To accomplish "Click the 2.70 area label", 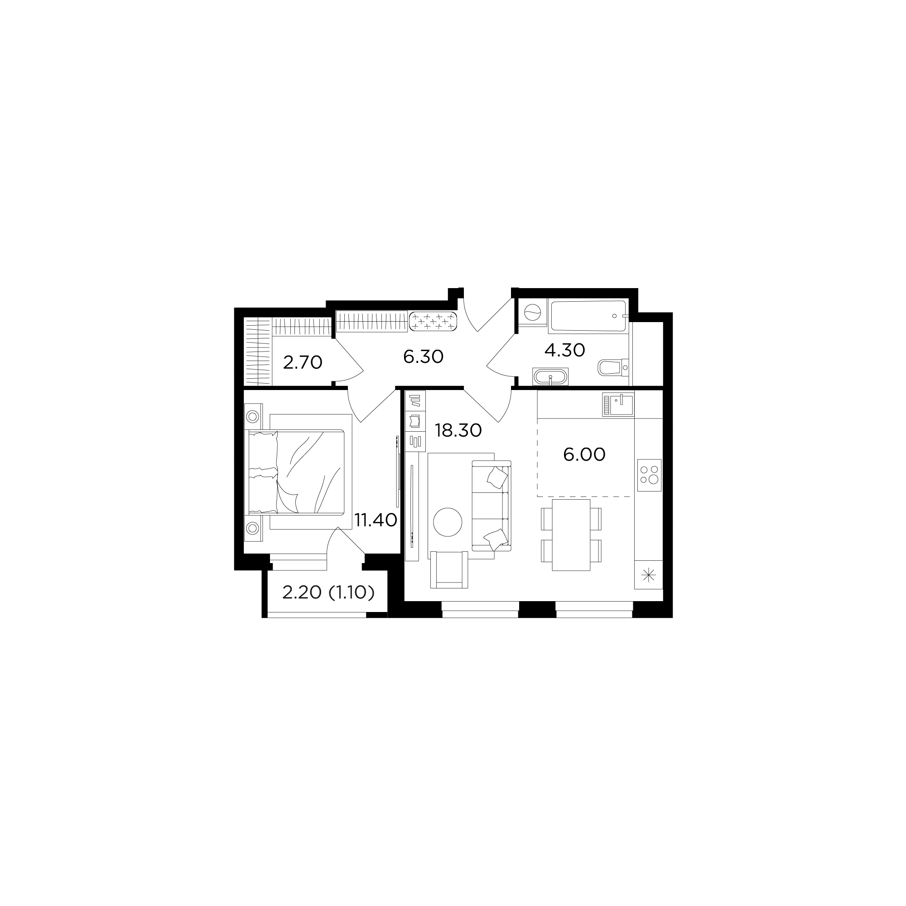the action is [x=303, y=362].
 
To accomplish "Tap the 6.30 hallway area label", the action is [x=423, y=357].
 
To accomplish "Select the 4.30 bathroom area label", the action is [x=564, y=350].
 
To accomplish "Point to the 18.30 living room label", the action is [x=458, y=430].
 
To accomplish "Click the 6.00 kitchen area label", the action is [x=584, y=454].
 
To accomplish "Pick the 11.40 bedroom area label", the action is [x=376, y=520].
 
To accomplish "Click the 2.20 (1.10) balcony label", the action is [x=328, y=593].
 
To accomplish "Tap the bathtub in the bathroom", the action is [x=588, y=316].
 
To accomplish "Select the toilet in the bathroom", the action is [x=613, y=367].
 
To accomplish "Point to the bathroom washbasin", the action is [x=550, y=376].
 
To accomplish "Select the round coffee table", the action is [x=448, y=522].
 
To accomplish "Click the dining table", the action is [x=571, y=535].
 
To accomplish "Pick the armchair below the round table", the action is [x=449, y=570].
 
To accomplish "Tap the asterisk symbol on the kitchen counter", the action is [x=649, y=575].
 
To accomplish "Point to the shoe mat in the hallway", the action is [x=434, y=322].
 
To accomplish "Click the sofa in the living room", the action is [x=491, y=506].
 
